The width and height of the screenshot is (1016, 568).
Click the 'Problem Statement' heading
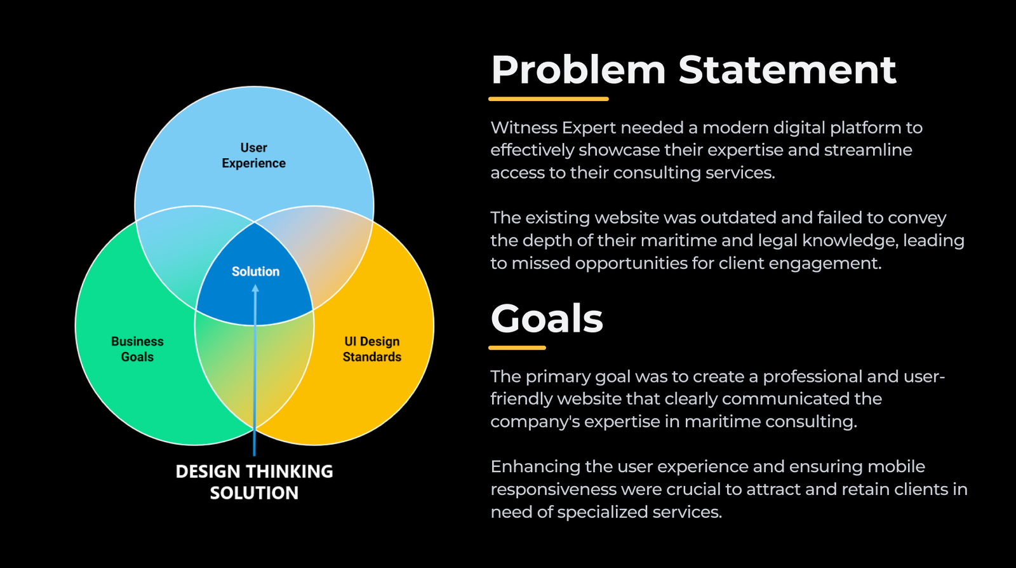click(693, 70)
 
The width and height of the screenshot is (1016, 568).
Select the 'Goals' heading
click(547, 318)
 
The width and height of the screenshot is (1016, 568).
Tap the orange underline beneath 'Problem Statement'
click(548, 99)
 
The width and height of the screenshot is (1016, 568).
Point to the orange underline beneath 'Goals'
click(517, 348)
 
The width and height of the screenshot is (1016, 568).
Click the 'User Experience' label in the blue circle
click(253, 156)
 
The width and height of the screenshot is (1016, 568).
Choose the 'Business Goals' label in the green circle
click(137, 349)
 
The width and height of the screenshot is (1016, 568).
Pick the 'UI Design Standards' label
click(372, 349)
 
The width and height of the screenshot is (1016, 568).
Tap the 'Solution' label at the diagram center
click(255, 272)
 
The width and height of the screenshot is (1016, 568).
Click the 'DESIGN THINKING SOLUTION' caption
click(254, 482)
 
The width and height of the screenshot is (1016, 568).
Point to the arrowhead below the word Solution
click(255, 288)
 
